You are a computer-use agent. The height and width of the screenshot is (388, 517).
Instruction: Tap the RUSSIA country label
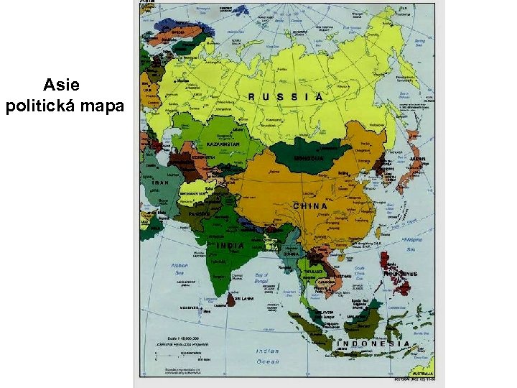286,96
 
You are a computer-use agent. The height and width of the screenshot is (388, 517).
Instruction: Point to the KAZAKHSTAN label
223,144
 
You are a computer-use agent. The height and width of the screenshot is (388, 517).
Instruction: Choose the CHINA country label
311,206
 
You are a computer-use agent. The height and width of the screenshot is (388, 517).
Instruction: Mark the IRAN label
160,183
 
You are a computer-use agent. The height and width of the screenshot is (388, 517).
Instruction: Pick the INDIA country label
230,245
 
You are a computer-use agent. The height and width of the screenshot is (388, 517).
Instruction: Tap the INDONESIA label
373,343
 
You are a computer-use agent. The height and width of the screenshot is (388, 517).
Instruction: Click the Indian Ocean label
269,356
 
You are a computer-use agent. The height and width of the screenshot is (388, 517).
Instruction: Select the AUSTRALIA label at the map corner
422,374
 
